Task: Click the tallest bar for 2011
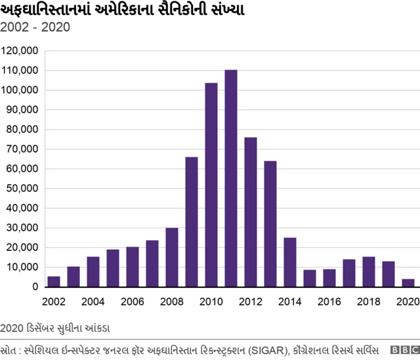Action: point(231,178)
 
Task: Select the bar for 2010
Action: point(211,185)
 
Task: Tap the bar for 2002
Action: point(54,281)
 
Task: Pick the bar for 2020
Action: point(408,283)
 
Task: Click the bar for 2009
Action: point(192,222)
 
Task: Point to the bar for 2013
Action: point(270,224)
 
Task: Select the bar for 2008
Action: point(172,257)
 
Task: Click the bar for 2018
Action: point(369,271)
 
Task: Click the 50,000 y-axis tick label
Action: point(22,188)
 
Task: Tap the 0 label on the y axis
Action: point(35,287)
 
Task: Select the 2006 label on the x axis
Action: point(133,302)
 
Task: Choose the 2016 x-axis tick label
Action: point(329,302)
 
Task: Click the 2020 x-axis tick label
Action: point(406,302)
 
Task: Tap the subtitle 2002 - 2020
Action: point(35,28)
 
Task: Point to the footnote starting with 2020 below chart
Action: point(56,327)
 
